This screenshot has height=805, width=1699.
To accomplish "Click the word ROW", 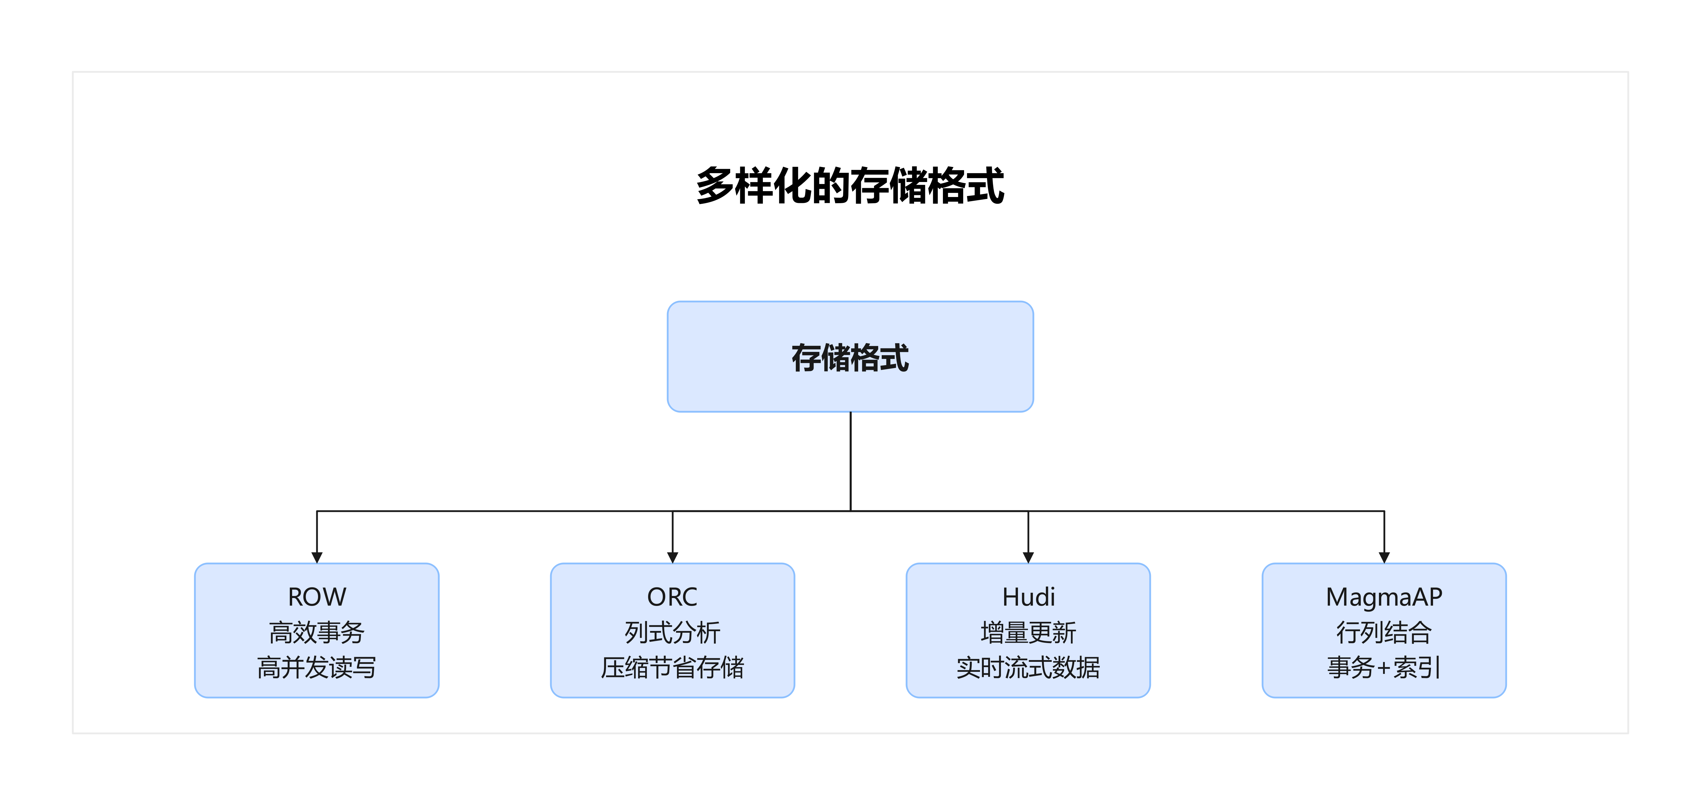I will click(x=317, y=597).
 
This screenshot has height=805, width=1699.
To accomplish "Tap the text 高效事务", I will click(x=317, y=632).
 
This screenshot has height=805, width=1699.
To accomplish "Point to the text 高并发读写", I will click(x=317, y=667).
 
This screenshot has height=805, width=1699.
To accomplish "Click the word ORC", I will click(x=672, y=597).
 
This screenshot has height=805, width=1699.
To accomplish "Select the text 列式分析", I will click(x=672, y=632).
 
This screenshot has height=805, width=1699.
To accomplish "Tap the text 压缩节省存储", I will click(x=672, y=667).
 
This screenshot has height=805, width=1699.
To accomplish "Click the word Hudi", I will click(x=1028, y=597).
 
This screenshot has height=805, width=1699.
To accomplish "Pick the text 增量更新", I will click(x=1028, y=632).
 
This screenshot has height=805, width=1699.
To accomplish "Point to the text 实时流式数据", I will click(x=1028, y=667).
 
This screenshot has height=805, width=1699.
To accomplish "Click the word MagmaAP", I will click(x=1384, y=597).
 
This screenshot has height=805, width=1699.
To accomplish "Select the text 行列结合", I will click(x=1384, y=632).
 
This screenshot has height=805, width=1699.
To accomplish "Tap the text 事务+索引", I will click(x=1384, y=667).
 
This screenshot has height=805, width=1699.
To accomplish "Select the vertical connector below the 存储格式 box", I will click(x=850, y=462).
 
